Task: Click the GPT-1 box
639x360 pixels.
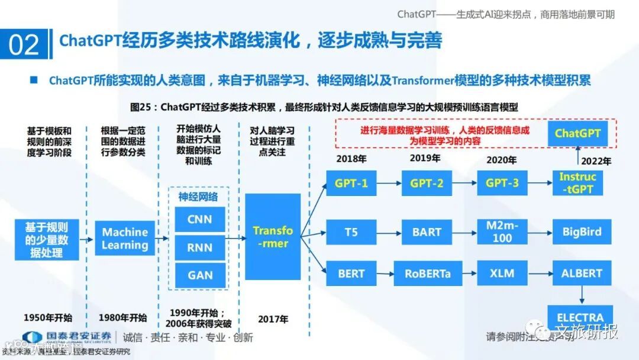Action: (x=351, y=183)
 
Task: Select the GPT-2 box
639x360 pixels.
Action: (x=427, y=183)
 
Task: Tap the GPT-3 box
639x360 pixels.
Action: (x=502, y=183)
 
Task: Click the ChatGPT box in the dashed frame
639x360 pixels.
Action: (x=577, y=133)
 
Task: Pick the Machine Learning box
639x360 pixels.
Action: (x=124, y=238)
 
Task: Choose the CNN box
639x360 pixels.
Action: (x=200, y=220)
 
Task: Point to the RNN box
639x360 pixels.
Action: (x=200, y=248)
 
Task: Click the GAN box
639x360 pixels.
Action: (x=200, y=275)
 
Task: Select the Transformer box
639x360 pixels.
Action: (x=273, y=237)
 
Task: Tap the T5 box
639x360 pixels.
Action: (x=351, y=232)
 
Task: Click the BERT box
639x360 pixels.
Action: (x=351, y=274)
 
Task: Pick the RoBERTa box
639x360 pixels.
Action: (x=427, y=274)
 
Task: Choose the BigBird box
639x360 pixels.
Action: (x=582, y=232)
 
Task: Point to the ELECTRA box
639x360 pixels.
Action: (x=580, y=317)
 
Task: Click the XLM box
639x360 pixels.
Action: (x=502, y=274)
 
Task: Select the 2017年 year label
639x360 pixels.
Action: (x=273, y=319)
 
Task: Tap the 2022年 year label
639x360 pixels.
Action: (x=596, y=160)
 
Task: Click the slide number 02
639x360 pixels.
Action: (x=24, y=45)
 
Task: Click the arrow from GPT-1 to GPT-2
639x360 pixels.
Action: (x=389, y=183)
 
